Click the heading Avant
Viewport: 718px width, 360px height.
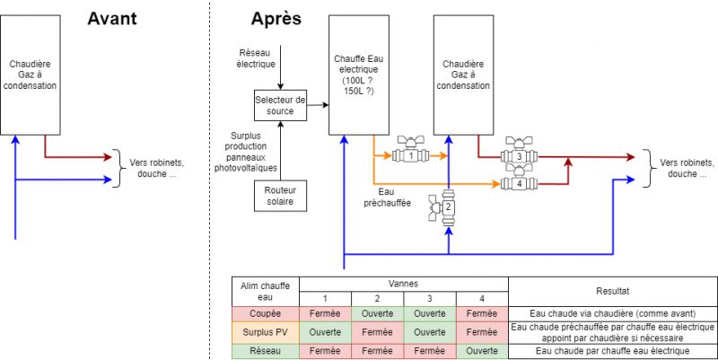pos(111,18)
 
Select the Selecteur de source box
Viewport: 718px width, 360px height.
pos(280,104)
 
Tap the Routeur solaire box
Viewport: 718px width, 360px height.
pos(280,196)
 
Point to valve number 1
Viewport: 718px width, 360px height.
pos(411,154)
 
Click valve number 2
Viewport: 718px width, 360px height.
pos(448,207)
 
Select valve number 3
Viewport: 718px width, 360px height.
pos(519,156)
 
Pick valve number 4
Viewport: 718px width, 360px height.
pos(519,183)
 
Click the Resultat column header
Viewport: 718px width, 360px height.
pos(612,291)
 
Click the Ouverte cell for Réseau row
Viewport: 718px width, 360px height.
pos(482,351)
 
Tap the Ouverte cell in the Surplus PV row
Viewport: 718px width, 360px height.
pos(324,332)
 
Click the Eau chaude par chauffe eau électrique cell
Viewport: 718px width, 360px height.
pos(612,351)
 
